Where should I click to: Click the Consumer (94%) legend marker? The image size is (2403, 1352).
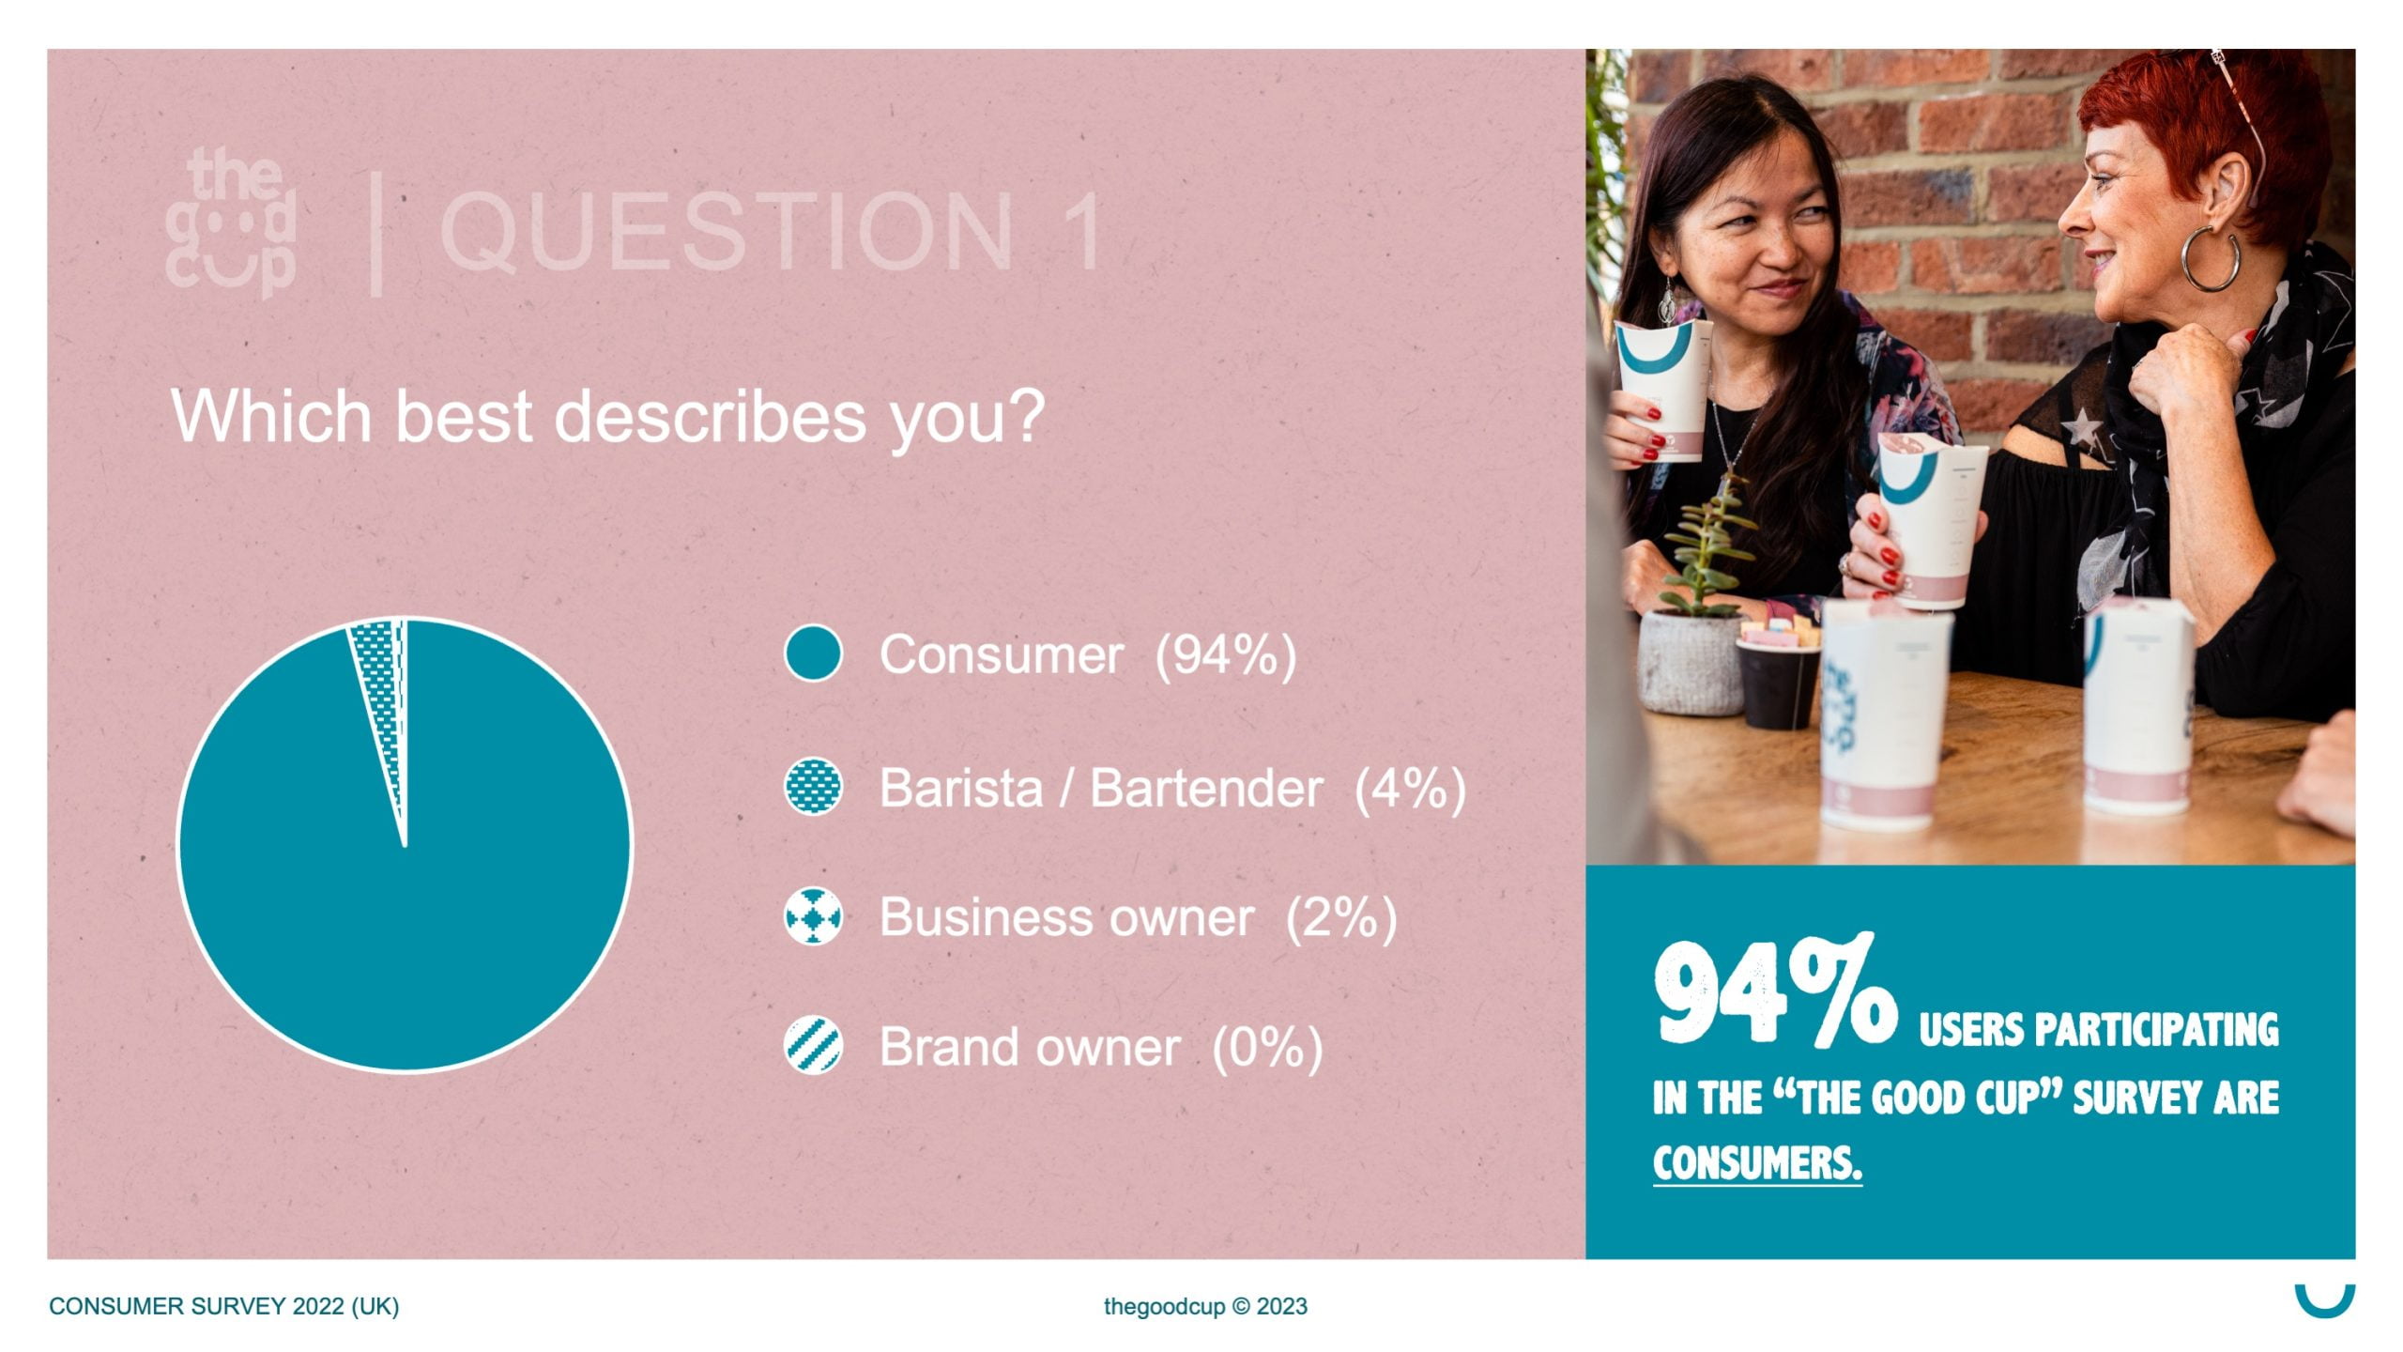[x=813, y=653]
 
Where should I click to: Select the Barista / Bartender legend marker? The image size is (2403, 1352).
[x=813, y=787]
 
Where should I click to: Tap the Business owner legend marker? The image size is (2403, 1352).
[x=813, y=916]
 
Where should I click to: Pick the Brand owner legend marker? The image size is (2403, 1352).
[x=813, y=1046]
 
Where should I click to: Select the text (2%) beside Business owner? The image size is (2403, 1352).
[x=1340, y=917]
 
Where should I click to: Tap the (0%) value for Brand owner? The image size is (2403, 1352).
[x=1267, y=1047]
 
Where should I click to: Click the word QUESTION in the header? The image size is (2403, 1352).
[x=727, y=231]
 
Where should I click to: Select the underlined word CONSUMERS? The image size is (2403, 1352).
[x=1757, y=1163]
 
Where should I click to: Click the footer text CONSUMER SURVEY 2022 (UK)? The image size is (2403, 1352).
[x=223, y=1306]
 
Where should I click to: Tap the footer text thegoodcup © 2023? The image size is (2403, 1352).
[x=1205, y=1306]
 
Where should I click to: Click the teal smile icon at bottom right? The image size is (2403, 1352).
[x=2325, y=1305]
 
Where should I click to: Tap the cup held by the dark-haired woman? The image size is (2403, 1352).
[x=1662, y=390]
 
